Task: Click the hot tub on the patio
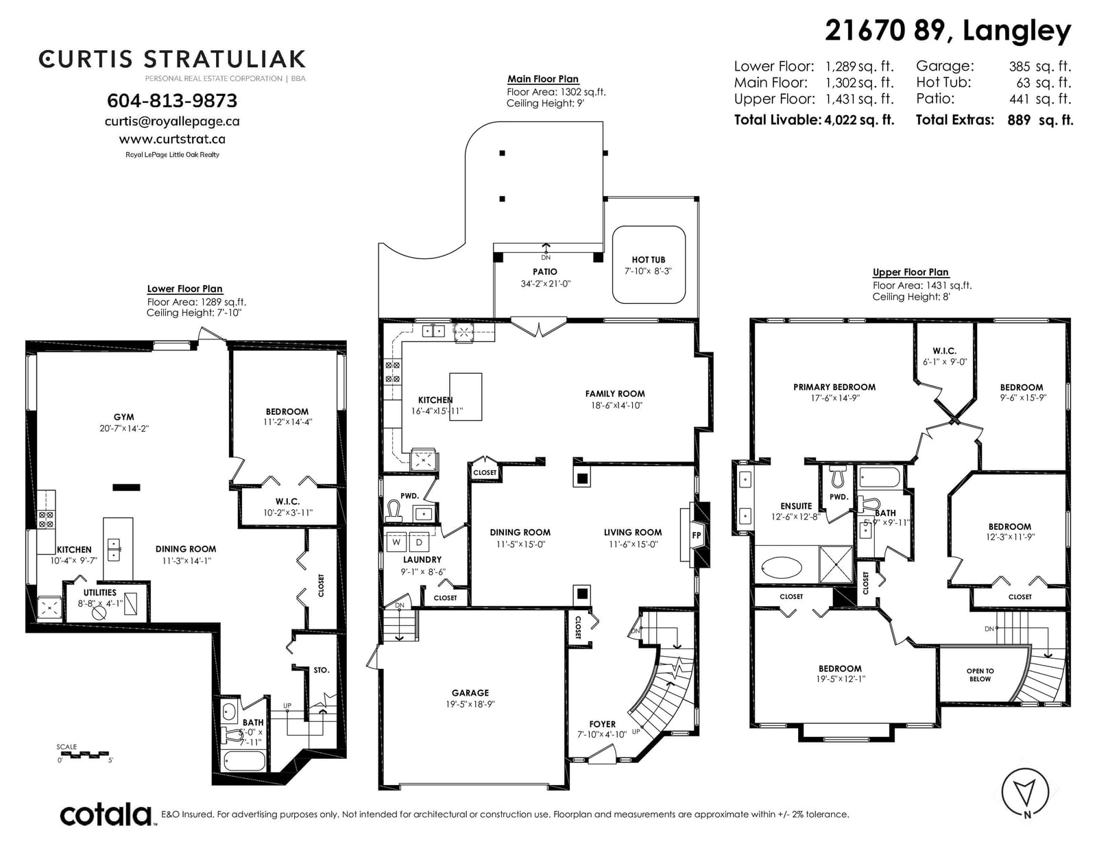[648, 265]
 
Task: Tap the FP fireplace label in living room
[696, 535]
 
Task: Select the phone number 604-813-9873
[172, 101]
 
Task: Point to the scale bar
[84, 755]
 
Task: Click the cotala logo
[106, 815]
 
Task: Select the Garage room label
[470, 693]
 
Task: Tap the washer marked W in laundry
[396, 543]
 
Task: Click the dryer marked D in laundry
[419, 543]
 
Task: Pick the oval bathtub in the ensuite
[781, 568]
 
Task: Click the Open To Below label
[980, 675]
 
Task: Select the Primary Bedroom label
[834, 387]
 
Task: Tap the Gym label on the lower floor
[123, 417]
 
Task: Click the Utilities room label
[100, 592]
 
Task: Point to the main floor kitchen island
[466, 397]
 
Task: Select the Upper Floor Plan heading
[911, 272]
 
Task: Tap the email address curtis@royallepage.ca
[172, 121]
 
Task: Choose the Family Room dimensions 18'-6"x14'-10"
[616, 405]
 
